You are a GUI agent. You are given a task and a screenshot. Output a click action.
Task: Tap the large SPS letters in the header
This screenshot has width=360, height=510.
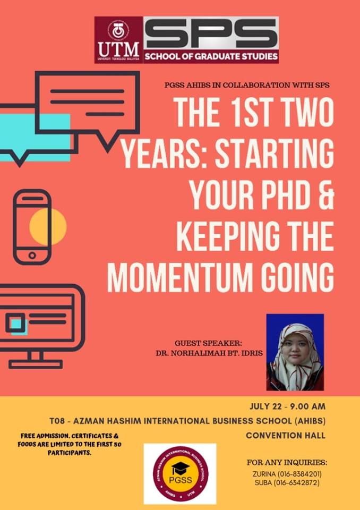pyautogui.click(x=211, y=33)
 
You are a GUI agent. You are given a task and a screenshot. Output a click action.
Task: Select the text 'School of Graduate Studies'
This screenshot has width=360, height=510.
pyautogui.click(x=211, y=57)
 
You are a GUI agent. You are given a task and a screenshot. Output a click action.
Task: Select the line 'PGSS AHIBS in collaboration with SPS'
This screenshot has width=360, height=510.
pyautogui.click(x=247, y=86)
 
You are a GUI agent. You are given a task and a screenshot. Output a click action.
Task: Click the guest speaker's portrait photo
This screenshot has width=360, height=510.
pyautogui.click(x=295, y=352)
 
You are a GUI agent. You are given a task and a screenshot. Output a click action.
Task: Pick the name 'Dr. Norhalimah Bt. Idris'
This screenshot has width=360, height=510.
pyautogui.click(x=209, y=353)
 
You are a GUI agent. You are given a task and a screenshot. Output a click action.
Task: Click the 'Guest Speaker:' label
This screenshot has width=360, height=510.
pyautogui.click(x=209, y=343)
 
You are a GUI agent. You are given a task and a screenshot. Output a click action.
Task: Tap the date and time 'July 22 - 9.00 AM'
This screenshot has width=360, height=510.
pyautogui.click(x=287, y=406)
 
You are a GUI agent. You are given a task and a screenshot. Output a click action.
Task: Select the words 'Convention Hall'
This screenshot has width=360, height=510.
pyautogui.click(x=286, y=436)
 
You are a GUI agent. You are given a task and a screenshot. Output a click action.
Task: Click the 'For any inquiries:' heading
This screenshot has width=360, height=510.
pyautogui.click(x=287, y=463)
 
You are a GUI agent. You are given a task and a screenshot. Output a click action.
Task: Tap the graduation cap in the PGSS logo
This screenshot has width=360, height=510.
pyautogui.click(x=181, y=469)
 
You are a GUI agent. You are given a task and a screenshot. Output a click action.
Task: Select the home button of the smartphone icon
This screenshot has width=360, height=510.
pyautogui.click(x=32, y=256)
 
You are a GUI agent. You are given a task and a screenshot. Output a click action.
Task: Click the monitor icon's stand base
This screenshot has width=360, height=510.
pyautogui.click(x=36, y=364)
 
